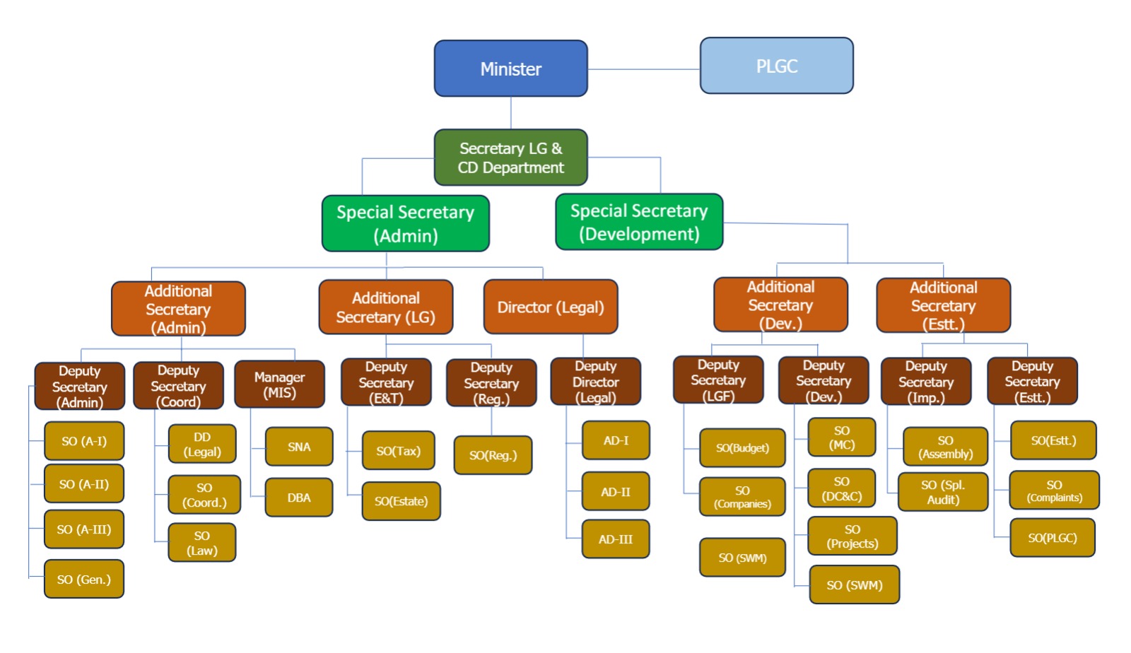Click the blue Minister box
coord(510,69)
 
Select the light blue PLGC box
coord(776,66)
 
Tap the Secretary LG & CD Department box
coord(510,158)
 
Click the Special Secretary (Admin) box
coord(405,223)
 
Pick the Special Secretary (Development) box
coord(639,222)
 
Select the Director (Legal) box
coord(550,307)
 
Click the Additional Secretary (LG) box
coord(385,307)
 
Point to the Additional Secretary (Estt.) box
coord(943,305)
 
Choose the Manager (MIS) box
coord(279,384)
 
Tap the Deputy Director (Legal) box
coord(595,382)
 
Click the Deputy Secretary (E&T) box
coord(386,382)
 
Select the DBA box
coord(299,498)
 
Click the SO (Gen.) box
coord(83,580)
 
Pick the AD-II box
coord(615,491)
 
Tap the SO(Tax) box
coord(398,451)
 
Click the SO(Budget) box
coord(742,448)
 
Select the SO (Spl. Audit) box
coord(942,492)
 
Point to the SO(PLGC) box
coord(1052,538)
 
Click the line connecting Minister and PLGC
coord(643,69)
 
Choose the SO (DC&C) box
coord(841,488)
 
